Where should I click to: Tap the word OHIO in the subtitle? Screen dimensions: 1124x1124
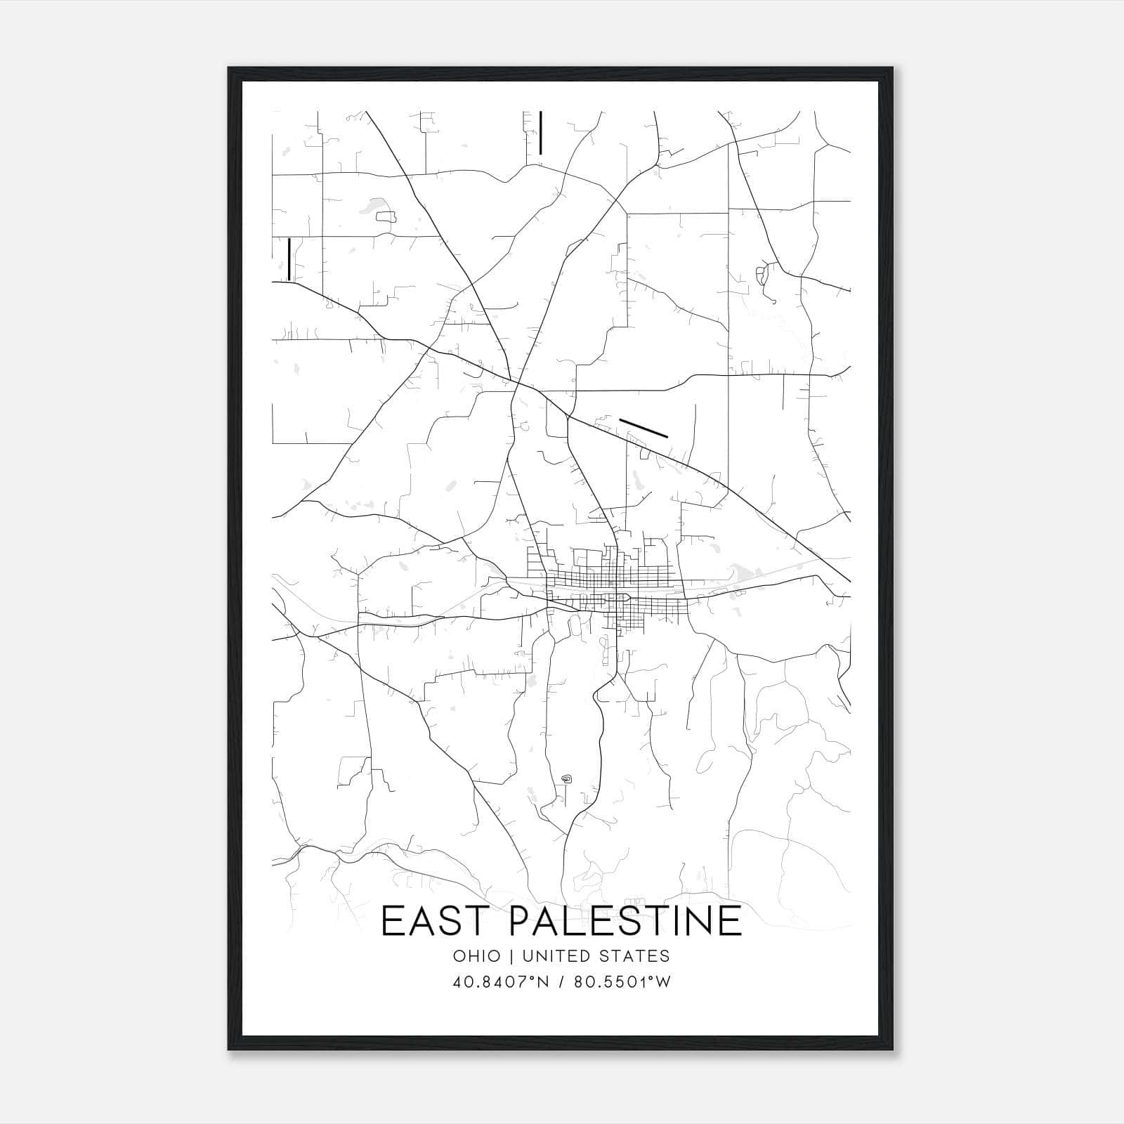(477, 956)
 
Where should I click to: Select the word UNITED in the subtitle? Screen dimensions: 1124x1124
(550, 956)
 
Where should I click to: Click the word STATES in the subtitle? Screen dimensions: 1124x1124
(635, 956)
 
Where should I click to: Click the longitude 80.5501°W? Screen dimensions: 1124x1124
(622, 982)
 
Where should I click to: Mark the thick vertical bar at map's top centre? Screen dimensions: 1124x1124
(540, 132)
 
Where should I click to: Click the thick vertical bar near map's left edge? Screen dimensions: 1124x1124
(289, 259)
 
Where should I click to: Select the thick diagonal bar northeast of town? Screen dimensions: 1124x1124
(643, 428)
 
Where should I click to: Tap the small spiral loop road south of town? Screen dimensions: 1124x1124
(567, 778)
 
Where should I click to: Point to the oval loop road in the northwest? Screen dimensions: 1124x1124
(386, 217)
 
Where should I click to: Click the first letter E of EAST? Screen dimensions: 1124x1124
(392, 921)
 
